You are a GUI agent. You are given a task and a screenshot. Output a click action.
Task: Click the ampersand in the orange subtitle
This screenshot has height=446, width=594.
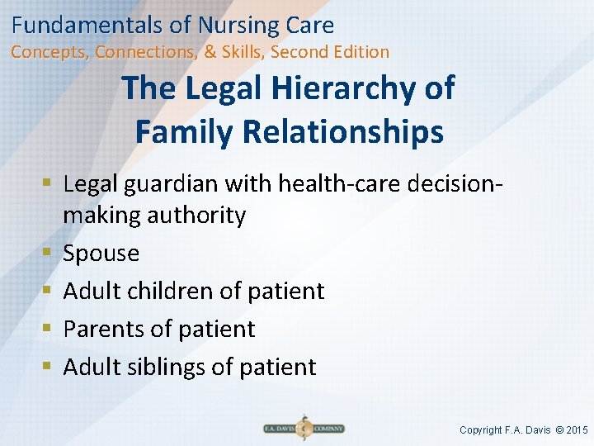point(210,52)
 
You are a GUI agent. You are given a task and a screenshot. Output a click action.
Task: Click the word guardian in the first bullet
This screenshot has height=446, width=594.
point(172,183)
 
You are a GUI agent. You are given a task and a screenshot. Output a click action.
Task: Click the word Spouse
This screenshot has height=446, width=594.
point(101,254)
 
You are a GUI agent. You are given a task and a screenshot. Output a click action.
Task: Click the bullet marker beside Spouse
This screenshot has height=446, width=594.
point(49,254)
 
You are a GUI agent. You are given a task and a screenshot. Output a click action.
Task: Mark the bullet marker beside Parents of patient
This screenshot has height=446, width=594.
point(49,329)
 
